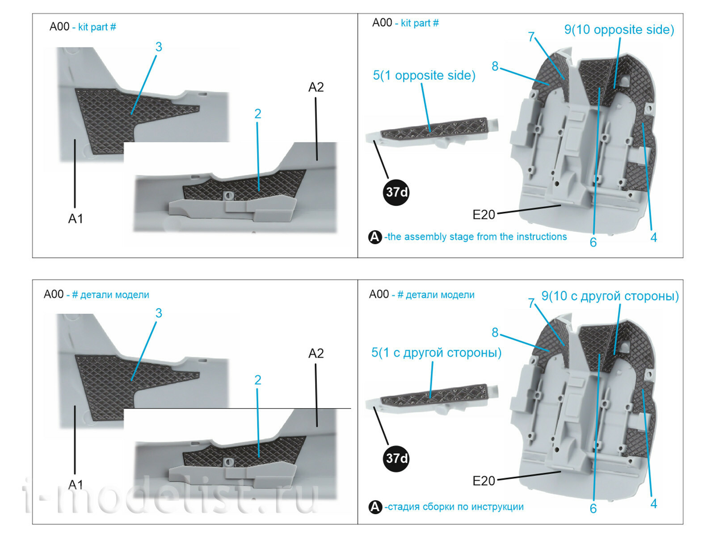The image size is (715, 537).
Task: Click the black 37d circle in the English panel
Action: [x=396, y=192]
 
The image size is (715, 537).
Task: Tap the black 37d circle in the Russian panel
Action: [x=396, y=459]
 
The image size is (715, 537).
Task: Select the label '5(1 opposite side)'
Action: [x=424, y=75]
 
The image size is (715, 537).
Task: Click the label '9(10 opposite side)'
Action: [x=619, y=30]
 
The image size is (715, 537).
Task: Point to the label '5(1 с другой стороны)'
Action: [x=436, y=353]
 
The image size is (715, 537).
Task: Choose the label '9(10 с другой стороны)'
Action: [x=610, y=296]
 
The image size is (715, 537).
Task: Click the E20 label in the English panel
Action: [x=484, y=215]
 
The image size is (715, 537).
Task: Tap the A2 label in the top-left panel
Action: [x=316, y=87]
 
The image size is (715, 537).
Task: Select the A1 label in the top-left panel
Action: [x=76, y=218]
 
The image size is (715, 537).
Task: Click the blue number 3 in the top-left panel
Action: [x=159, y=47]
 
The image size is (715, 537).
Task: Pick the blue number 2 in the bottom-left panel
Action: [x=258, y=380]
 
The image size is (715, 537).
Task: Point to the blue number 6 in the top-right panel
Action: [x=593, y=242]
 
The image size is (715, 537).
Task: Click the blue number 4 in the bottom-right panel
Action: [x=653, y=503]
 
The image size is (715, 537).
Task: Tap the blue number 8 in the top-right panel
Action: [x=495, y=66]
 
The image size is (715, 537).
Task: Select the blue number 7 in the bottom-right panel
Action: [x=531, y=303]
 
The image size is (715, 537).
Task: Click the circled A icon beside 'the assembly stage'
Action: [x=374, y=237]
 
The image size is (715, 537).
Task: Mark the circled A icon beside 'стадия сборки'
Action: [x=374, y=507]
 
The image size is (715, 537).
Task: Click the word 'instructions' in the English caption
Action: [x=541, y=236]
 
